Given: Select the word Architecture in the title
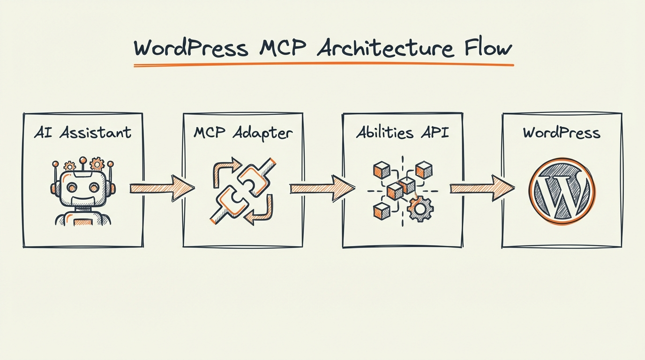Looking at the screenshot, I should coord(385,48).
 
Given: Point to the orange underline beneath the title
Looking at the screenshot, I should coord(323,65).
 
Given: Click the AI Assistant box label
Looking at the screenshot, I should coord(82,133).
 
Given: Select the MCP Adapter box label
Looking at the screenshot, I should coord(243,133).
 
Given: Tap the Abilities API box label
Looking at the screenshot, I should coord(402,133).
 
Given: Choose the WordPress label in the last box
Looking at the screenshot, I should coord(562,133).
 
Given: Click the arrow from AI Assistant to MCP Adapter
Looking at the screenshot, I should coord(161,188).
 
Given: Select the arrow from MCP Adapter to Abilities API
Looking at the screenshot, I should coord(322,188).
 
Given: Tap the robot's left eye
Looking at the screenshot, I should coord(72,187).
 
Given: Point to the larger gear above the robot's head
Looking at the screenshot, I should coord(97,164).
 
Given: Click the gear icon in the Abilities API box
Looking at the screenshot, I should coord(420,209).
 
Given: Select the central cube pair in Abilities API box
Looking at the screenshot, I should coord(401,188).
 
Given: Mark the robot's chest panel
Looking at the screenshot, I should coord(83,220).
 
